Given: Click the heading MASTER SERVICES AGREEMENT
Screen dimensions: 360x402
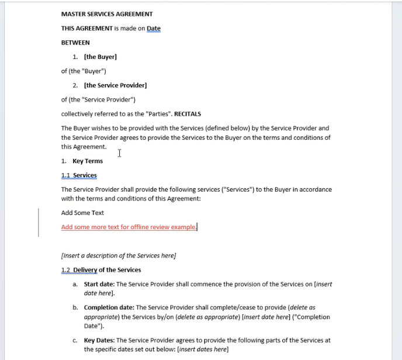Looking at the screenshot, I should click(x=107, y=14).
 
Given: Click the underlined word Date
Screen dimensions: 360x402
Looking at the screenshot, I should click(x=154, y=28).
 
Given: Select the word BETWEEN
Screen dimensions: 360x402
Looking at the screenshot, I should click(x=75, y=43).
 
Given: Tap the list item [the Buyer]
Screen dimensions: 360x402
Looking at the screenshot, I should click(x=100, y=57).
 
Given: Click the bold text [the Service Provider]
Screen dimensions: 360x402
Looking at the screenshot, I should click(x=115, y=85).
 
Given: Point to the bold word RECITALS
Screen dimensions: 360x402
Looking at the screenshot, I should click(x=188, y=114).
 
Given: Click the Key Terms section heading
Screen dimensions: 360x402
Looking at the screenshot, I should click(x=88, y=161).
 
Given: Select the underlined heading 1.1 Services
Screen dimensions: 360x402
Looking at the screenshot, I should click(x=79, y=175).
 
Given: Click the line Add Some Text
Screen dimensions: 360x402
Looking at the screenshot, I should click(x=82, y=213).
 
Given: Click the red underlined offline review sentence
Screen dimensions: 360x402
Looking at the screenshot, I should click(x=129, y=227).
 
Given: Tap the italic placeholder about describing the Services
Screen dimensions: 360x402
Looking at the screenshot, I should click(x=119, y=255).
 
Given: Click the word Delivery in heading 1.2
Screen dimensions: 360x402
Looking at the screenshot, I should click(x=85, y=270).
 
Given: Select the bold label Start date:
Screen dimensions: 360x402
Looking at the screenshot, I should click(x=99, y=284).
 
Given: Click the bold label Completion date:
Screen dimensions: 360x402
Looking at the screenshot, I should click(x=109, y=307).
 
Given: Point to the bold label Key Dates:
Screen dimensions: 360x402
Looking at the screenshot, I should click(x=99, y=340).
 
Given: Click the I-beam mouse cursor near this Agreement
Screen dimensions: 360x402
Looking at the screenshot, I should click(x=119, y=153).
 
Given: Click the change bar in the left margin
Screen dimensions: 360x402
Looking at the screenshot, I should click(x=39, y=222).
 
